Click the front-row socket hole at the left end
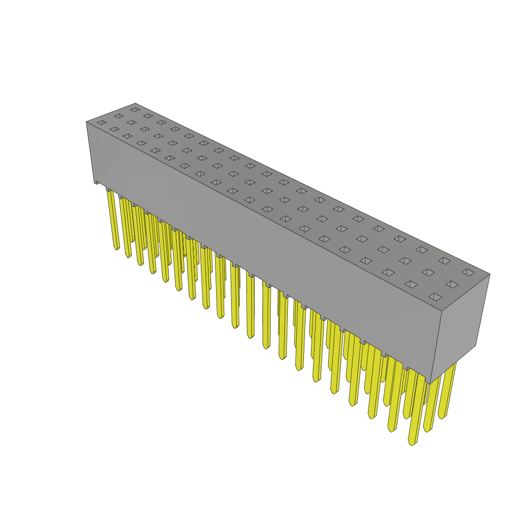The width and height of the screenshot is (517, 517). [101, 123]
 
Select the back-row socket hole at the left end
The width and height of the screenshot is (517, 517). [135, 110]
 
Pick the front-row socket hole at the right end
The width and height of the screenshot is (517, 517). [435, 297]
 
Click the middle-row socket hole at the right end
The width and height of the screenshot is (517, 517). [452, 284]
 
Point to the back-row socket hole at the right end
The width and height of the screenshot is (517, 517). [468, 273]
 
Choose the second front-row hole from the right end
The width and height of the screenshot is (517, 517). [411, 284]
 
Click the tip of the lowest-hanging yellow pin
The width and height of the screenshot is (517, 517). [412, 443]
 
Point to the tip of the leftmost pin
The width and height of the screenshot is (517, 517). [117, 247]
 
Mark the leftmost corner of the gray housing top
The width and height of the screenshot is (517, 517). [87, 122]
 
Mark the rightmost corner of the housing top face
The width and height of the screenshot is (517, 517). [489, 275]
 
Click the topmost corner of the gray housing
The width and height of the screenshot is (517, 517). [135, 104]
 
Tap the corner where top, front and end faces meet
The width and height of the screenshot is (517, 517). [442, 311]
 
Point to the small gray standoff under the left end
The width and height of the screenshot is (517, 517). [97, 182]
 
